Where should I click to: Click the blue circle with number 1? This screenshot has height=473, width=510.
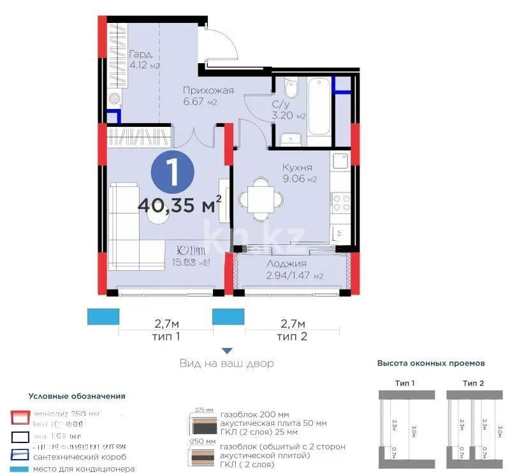click(171, 173)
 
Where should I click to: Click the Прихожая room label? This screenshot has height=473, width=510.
click(208, 91)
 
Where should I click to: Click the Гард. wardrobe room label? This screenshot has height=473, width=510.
click(140, 54)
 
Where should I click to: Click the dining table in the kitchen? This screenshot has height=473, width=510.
click(258, 199)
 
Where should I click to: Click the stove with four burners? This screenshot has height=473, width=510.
click(341, 203)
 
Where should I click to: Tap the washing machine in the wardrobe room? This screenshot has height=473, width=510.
click(115, 99)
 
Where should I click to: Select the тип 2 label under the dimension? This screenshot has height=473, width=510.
click(292, 336)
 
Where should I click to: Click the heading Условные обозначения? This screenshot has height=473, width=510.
click(76, 396)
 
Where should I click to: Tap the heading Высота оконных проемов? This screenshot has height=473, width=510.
click(431, 363)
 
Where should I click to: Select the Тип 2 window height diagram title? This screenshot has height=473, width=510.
click(473, 382)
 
